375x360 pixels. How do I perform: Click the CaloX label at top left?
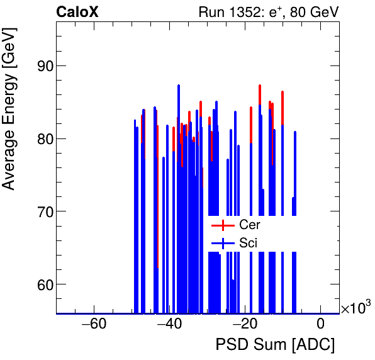click(77, 11)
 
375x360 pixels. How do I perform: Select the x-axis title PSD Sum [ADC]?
click(275, 345)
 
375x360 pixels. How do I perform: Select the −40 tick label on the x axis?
click(169, 325)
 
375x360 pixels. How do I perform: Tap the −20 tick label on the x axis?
click(245, 325)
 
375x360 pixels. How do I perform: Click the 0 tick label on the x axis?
click(320, 325)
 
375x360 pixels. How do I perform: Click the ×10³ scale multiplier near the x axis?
click(355, 308)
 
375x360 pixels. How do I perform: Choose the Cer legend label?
click(249, 225)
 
